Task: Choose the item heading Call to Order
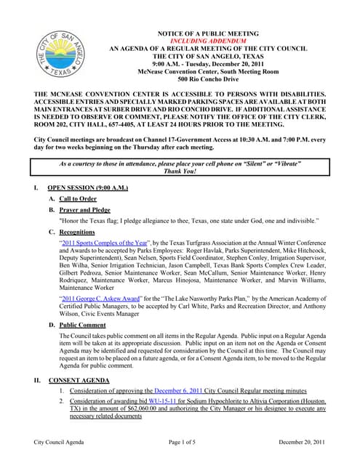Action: pos(78,198)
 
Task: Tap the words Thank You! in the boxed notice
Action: pos(180,172)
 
